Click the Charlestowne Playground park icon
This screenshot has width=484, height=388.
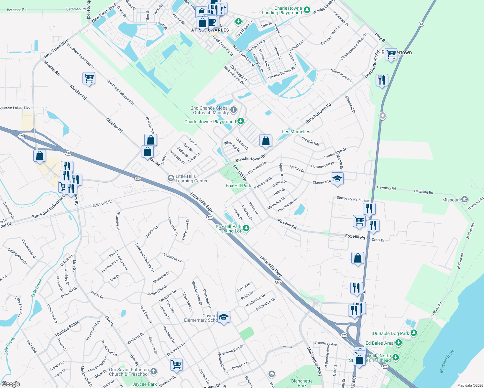(240, 121)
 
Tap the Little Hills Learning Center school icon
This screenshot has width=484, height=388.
(170, 178)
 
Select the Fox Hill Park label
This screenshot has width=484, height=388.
(238, 186)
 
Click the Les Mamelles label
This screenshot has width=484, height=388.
(296, 132)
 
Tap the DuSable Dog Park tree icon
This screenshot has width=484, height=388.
(413, 333)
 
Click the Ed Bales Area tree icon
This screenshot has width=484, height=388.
(398, 343)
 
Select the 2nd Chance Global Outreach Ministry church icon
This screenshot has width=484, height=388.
(234, 110)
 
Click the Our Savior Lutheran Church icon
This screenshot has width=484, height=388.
(154, 372)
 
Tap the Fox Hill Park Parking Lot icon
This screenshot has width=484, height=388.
(246, 228)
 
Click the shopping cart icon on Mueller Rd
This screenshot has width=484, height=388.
(88, 78)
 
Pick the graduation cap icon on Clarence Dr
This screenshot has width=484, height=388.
(337, 178)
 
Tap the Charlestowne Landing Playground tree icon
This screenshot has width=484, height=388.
(307, 10)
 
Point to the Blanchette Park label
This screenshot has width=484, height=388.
(302, 383)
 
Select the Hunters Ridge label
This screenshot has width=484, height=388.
(67, 329)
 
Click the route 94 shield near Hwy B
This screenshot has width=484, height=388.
(421, 24)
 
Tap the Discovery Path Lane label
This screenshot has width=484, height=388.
(353, 199)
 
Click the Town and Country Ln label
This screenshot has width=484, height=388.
(145, 257)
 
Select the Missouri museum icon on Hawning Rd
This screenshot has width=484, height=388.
(465, 199)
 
